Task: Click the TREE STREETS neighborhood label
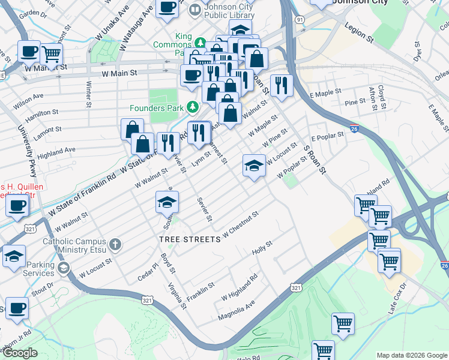tap(190, 239)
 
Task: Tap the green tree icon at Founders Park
tap(192, 107)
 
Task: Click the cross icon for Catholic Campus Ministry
tap(115, 244)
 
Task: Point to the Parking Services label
tap(30, 269)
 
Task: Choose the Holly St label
tap(262, 247)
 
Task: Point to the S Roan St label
tap(314, 159)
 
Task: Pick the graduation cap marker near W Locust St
tap(254, 164)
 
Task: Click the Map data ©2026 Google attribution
tap(412, 355)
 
